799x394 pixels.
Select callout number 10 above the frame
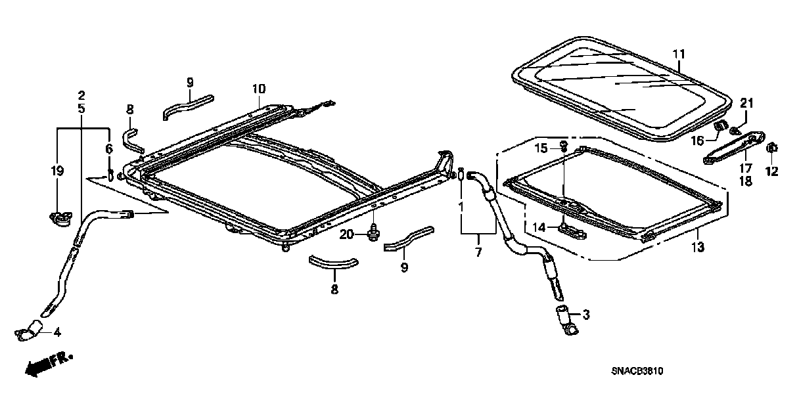coord(258,89)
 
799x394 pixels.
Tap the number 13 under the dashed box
coord(697,247)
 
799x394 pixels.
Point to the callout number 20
coord(347,234)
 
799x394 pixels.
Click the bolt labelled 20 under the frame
coord(373,232)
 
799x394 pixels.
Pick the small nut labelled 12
coord(772,147)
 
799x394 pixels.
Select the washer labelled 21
coord(735,120)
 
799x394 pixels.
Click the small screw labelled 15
coord(564,145)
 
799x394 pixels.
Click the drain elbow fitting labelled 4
coord(28,331)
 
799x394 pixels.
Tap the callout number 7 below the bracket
coord(478,252)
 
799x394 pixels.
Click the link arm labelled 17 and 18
coord(735,146)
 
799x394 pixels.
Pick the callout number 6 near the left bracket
coord(109,150)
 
